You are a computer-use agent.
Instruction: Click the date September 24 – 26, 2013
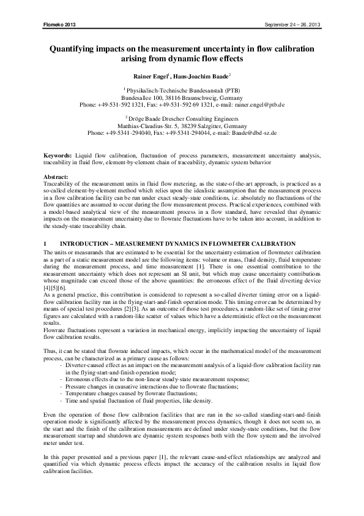coord(292,25)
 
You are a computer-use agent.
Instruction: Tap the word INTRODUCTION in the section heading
coord(84,245)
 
